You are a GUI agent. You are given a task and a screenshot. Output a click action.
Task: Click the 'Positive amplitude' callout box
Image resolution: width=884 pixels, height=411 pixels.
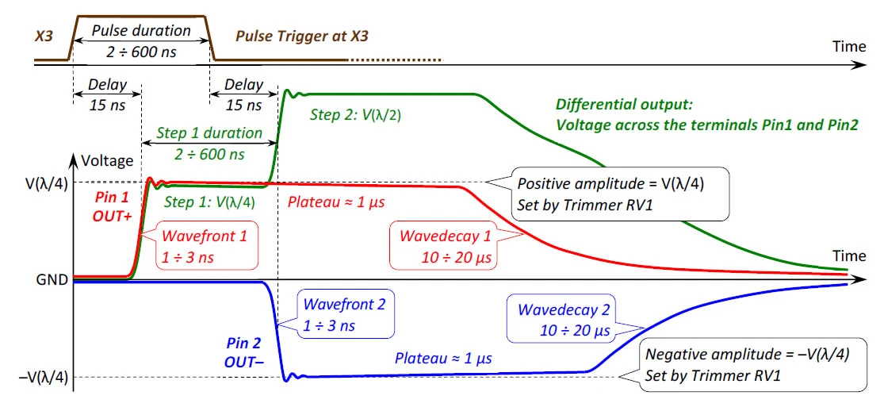coord(619,193)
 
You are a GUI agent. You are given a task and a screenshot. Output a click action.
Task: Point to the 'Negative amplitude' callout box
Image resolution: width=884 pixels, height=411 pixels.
coord(753,365)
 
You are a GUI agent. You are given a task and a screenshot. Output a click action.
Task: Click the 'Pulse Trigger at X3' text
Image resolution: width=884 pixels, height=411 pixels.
coord(302,37)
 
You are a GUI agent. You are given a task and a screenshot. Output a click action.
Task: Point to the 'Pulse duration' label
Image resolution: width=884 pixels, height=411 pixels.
coord(141,30)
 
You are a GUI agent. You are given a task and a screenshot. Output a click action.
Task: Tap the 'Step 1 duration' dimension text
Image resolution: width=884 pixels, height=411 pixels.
coord(209,133)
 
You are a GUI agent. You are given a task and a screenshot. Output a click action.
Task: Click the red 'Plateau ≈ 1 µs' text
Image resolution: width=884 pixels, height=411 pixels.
coord(337,202)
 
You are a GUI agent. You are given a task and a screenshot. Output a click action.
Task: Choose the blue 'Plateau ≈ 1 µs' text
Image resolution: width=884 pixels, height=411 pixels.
coord(444,358)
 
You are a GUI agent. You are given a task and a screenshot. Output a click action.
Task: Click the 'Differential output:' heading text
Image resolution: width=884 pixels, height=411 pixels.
coord(625,105)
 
